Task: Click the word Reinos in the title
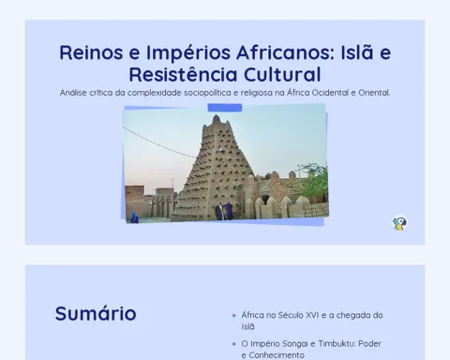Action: tap(91, 52)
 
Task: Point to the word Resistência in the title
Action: tap(184, 74)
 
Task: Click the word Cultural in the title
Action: tap(282, 74)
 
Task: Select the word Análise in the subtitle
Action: tap(73, 93)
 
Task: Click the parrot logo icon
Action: tap(399, 223)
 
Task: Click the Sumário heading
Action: tap(96, 313)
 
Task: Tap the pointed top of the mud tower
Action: tap(217, 116)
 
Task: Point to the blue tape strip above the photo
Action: tap(225, 108)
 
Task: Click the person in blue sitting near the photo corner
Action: tap(134, 217)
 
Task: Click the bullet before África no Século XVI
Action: tap(234, 316)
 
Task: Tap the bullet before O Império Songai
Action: tap(234, 344)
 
